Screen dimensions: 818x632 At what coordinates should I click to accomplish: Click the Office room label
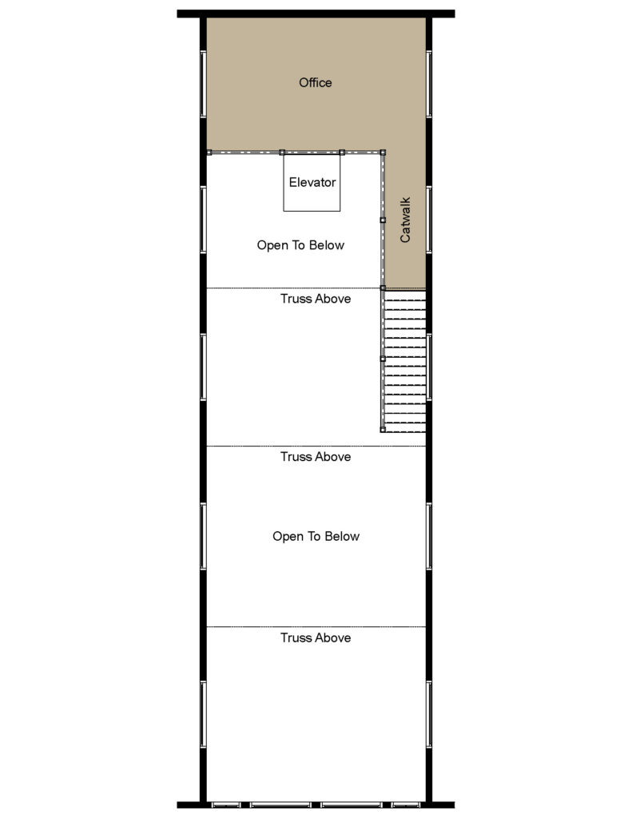(315, 82)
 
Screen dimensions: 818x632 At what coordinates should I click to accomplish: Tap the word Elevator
(312, 182)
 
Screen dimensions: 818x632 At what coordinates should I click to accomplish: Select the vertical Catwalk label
(405, 220)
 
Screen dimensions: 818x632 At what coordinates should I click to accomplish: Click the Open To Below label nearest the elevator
(300, 245)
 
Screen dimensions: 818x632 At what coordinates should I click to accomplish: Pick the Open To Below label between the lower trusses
(316, 536)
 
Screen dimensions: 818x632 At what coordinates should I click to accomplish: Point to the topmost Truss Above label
(316, 299)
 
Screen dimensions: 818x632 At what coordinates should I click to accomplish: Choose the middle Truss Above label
(316, 457)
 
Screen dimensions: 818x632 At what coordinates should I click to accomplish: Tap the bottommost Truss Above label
(316, 637)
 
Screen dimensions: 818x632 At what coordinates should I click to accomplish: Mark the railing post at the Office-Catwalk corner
(383, 152)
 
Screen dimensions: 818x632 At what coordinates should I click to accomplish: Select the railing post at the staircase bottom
(383, 430)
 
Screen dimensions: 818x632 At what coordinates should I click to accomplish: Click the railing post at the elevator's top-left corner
(282, 152)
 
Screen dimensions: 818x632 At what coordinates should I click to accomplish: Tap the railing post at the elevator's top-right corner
(342, 152)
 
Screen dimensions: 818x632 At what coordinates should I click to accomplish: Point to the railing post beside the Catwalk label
(383, 220)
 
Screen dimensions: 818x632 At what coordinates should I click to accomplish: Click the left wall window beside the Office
(203, 84)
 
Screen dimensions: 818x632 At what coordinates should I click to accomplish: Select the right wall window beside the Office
(429, 84)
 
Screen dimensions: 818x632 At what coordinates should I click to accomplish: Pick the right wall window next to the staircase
(429, 365)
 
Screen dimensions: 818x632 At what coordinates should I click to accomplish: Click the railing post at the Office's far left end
(209, 152)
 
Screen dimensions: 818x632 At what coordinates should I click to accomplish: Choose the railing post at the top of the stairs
(383, 288)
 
